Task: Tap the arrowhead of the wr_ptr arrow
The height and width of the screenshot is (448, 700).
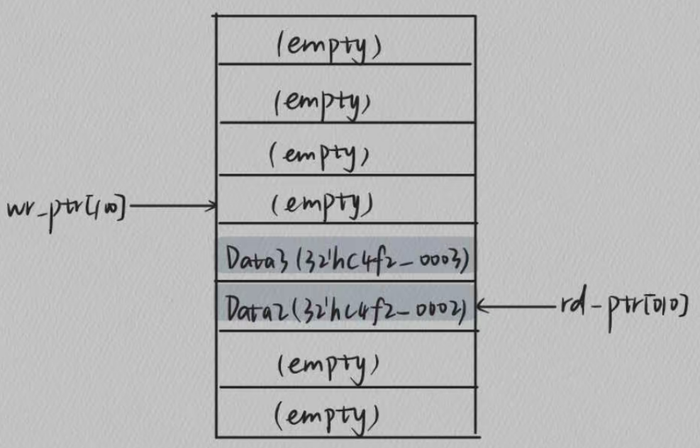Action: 211,206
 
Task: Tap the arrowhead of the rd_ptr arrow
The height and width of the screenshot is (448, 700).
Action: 481,307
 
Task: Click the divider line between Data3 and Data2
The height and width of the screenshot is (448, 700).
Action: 346,282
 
